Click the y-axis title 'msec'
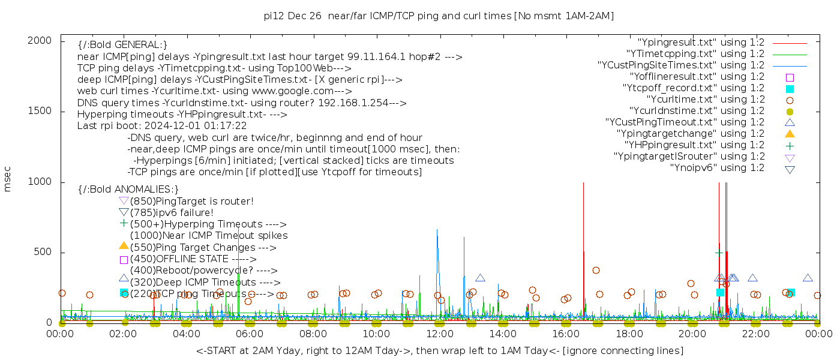(x=8, y=178)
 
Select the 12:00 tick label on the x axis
(x=440, y=334)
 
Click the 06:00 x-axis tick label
(x=250, y=334)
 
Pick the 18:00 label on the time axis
(x=629, y=334)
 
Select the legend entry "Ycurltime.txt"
(x=706, y=100)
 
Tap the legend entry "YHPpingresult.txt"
(x=694, y=145)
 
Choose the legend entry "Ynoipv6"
(x=717, y=168)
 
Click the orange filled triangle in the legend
(x=790, y=134)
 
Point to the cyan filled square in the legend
(x=790, y=89)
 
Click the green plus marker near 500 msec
(x=719, y=253)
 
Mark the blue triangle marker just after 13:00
(x=480, y=278)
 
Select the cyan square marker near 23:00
(x=791, y=293)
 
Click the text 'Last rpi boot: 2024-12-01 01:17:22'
(x=162, y=126)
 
